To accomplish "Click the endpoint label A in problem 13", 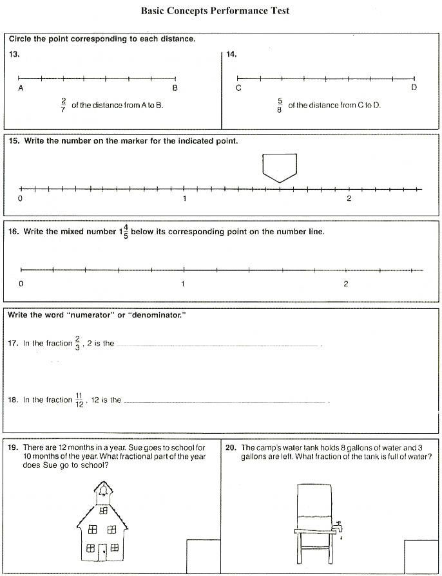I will (21, 88).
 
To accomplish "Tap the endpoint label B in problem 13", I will (175, 88).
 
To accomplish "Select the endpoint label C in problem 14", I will (238, 88).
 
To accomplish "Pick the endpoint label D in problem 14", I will (414, 88).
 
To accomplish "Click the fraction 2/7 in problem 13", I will (63, 105).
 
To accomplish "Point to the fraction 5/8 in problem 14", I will (280, 105).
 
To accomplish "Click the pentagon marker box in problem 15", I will (280, 167).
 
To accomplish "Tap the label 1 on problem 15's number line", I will (184, 198).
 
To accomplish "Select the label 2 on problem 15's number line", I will (349, 198).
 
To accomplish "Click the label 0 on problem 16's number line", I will (21, 284).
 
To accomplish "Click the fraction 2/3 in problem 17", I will (77, 343).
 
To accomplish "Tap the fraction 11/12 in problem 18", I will (80, 400).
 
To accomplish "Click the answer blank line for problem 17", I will (219, 346).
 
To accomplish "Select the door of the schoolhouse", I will (102, 551).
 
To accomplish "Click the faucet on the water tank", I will (338, 525).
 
